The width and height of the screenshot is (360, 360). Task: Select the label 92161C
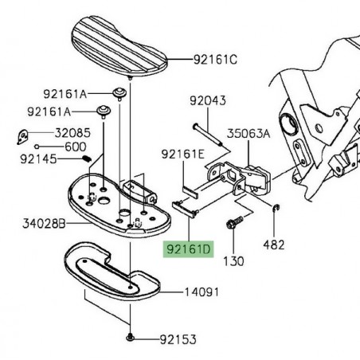(217, 59)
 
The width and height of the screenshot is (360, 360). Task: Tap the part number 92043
(208, 101)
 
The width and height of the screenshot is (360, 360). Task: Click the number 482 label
(273, 245)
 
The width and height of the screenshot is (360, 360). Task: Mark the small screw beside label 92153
(129, 338)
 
